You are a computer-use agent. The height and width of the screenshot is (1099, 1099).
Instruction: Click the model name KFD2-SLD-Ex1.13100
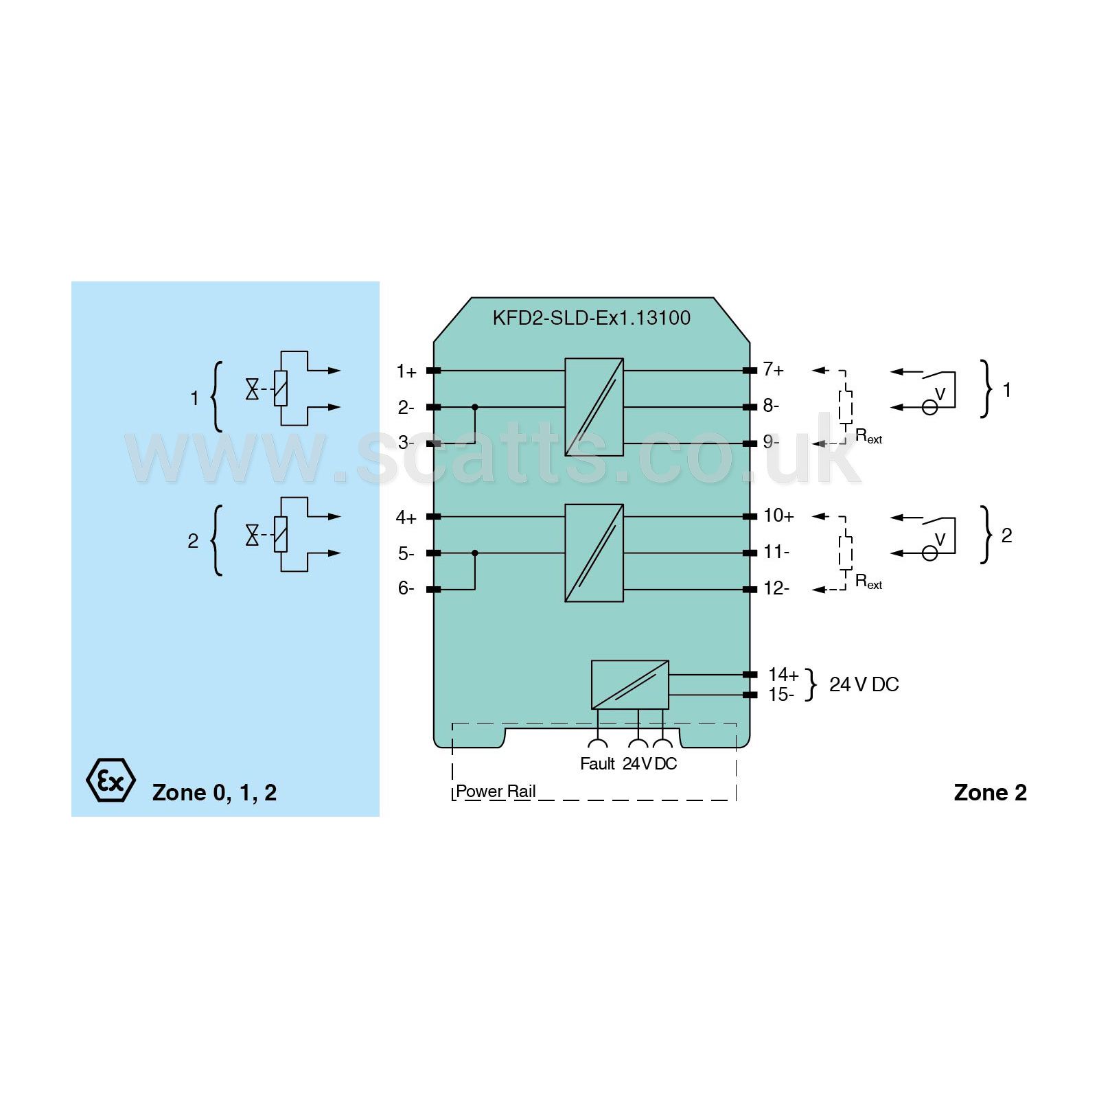click(592, 318)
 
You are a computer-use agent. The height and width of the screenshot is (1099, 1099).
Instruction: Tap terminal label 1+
click(406, 371)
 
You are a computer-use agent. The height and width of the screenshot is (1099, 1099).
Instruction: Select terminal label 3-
click(406, 442)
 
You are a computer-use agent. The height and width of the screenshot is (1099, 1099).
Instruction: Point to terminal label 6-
click(406, 588)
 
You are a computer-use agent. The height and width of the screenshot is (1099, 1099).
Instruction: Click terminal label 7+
click(774, 370)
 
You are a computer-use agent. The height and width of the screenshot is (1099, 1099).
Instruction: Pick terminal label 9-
click(772, 441)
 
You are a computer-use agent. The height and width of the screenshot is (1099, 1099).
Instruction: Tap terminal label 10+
click(779, 516)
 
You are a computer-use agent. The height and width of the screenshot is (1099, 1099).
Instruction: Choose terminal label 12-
click(776, 588)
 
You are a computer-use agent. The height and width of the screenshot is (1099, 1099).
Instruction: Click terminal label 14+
click(783, 675)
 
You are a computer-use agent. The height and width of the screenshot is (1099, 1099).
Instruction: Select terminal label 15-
click(781, 695)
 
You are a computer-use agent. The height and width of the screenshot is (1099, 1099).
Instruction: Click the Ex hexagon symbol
click(111, 780)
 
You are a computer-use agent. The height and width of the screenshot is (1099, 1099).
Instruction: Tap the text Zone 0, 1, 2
click(214, 793)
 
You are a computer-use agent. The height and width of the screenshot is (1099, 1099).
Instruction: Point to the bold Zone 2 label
click(991, 793)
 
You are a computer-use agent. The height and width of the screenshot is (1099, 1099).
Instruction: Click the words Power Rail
click(496, 791)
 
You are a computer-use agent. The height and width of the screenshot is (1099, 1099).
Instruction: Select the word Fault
click(597, 764)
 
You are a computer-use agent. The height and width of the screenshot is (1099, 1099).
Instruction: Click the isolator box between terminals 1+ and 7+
click(594, 407)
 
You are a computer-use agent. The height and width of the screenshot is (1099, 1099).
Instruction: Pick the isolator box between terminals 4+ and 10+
click(594, 553)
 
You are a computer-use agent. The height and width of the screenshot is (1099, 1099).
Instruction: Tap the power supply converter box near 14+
click(630, 685)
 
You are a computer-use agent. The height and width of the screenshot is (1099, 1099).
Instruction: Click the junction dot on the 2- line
click(475, 407)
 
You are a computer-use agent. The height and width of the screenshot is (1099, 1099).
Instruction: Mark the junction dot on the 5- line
click(475, 553)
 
